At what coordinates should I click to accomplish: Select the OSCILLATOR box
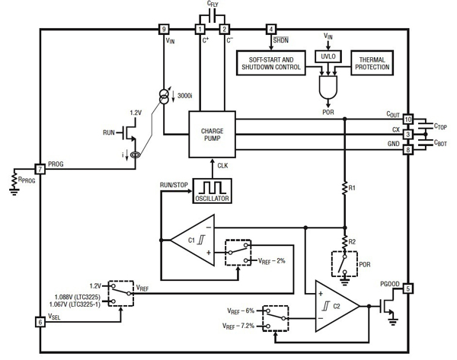211,190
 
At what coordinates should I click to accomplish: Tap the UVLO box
328,56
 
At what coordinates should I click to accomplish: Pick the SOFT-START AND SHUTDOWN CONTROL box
270,63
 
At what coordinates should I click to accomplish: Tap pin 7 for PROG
39,167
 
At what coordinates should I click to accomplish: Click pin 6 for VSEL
39,322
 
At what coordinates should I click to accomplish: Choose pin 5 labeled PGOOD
408,288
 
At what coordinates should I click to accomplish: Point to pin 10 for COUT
408,119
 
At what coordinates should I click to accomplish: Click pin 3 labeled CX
408,135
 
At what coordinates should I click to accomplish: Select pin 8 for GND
408,150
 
